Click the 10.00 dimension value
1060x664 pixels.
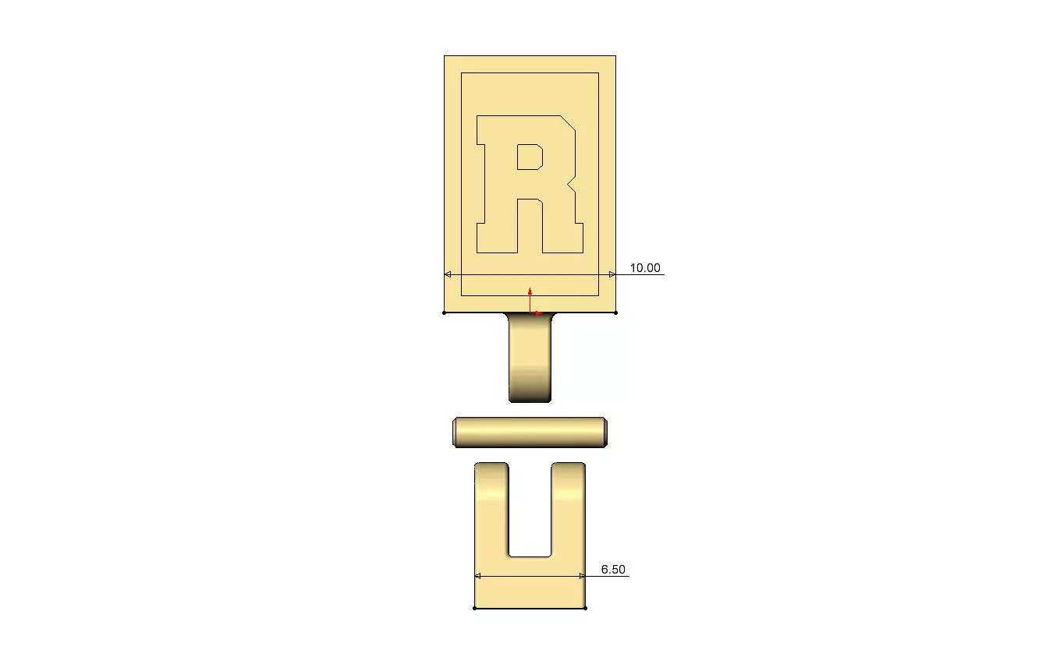(x=644, y=268)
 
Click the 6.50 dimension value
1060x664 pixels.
(x=613, y=570)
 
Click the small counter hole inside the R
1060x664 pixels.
(x=530, y=157)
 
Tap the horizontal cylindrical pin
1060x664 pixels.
(x=530, y=432)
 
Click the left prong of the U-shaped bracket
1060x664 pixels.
(x=491, y=507)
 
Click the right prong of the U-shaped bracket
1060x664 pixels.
(x=568, y=507)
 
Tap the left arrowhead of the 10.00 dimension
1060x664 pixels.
(x=448, y=274)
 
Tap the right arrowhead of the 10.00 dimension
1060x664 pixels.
(x=612, y=274)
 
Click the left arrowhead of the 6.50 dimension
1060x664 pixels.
(x=478, y=576)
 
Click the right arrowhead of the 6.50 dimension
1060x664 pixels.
(x=582, y=576)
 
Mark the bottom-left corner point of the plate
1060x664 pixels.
(x=445, y=313)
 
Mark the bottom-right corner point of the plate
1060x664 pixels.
(x=616, y=313)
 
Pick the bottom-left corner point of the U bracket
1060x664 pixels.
(x=475, y=608)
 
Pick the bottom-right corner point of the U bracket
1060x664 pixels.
(x=585, y=608)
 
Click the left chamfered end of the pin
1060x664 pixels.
(x=456, y=432)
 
